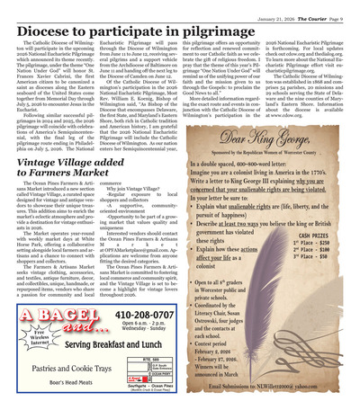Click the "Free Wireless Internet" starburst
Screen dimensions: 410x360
41,335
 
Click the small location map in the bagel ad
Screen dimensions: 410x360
152,371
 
